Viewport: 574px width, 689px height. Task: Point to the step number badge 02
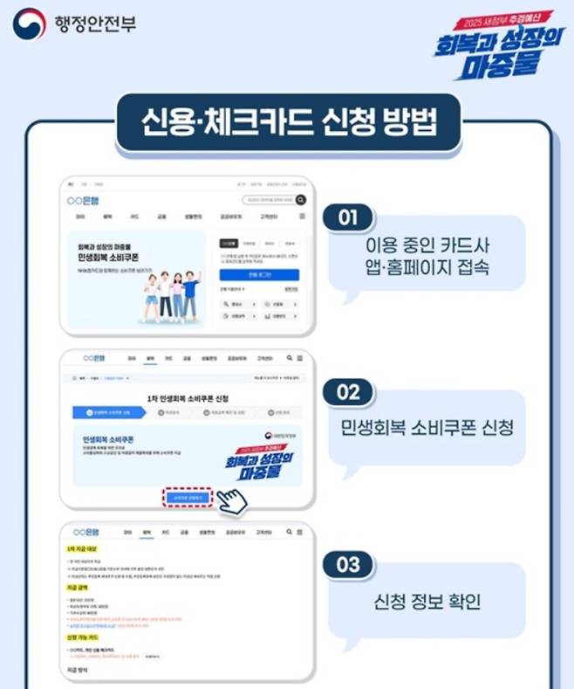click(x=348, y=393)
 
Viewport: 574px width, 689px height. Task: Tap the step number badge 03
click(x=348, y=565)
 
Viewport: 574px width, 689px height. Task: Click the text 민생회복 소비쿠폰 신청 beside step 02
click(x=427, y=428)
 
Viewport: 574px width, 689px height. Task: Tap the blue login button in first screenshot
click(x=258, y=275)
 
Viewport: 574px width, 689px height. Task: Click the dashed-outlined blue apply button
click(x=188, y=497)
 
